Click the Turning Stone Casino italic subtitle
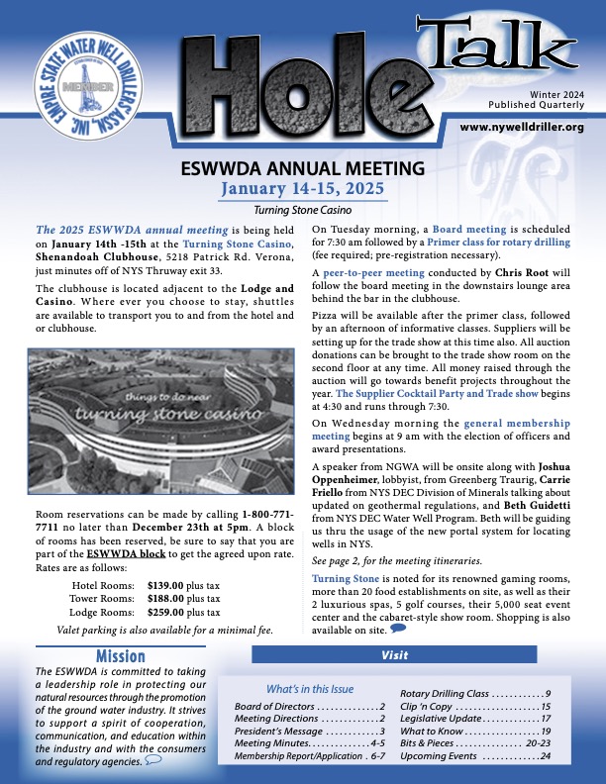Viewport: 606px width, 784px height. tap(302, 210)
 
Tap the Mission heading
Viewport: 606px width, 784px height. tap(121, 656)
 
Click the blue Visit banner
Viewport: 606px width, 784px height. tap(394, 655)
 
